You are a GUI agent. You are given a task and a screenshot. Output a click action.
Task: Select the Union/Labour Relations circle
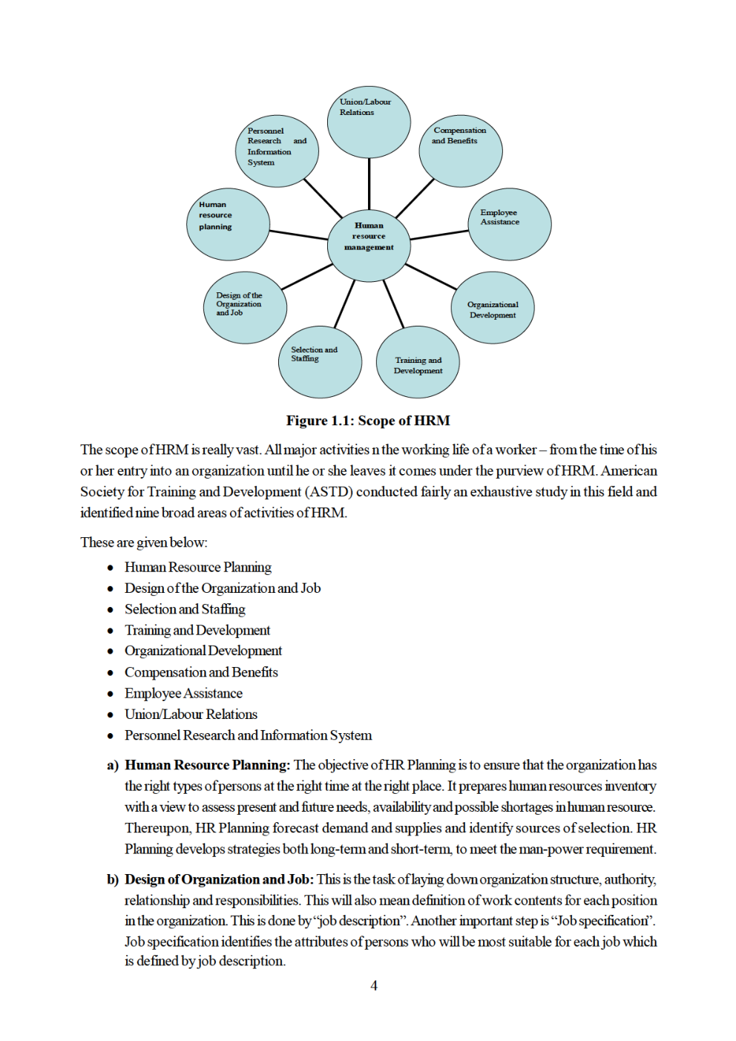(x=369, y=122)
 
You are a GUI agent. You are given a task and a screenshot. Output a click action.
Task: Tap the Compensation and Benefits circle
(x=461, y=151)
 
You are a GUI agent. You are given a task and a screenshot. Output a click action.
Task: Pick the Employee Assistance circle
(x=510, y=224)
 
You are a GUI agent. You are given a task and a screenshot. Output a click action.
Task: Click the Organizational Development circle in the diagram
(x=493, y=308)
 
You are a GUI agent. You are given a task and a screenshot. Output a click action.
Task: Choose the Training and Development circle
(x=418, y=363)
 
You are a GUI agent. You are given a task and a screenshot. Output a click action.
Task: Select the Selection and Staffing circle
(x=320, y=362)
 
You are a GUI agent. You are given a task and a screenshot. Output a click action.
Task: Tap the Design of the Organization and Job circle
(x=245, y=308)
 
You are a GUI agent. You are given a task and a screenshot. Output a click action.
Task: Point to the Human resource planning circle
(x=227, y=224)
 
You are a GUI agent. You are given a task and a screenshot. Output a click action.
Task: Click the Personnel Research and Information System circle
(x=277, y=151)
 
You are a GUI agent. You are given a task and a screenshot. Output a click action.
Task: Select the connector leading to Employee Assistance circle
(x=439, y=235)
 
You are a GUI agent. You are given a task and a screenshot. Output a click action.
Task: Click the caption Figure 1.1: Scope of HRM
(x=368, y=421)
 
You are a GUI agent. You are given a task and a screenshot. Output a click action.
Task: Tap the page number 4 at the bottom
(x=374, y=985)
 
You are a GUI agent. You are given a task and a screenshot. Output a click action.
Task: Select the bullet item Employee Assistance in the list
(x=183, y=693)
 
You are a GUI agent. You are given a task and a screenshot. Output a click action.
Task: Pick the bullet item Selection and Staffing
(x=185, y=609)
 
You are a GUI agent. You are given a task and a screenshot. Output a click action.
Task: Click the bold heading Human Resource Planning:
(x=207, y=765)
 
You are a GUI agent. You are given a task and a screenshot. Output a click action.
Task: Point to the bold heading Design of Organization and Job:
(x=219, y=879)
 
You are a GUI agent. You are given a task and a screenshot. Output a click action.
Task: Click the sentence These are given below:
(x=144, y=542)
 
